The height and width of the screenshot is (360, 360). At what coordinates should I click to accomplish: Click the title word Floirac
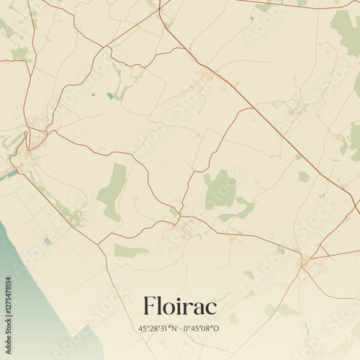pos(179,305)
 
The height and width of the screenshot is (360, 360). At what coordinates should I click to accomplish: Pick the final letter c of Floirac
pos(211,307)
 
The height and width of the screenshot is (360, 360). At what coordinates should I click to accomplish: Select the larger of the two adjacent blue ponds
pos(110,95)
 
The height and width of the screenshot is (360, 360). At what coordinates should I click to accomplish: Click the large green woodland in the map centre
pos(220,189)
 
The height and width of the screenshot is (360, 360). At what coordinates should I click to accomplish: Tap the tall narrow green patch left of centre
pos(113,191)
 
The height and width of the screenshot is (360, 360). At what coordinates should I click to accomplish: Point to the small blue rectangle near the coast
pos(48,241)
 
